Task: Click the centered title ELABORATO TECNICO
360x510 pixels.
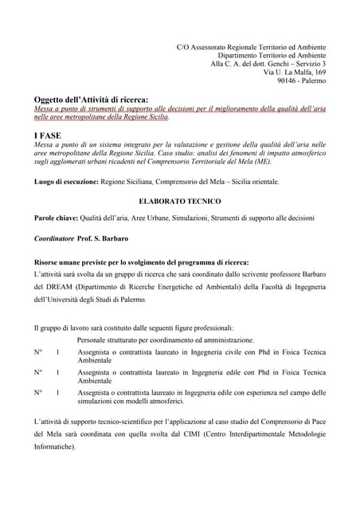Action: click(179, 202)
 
